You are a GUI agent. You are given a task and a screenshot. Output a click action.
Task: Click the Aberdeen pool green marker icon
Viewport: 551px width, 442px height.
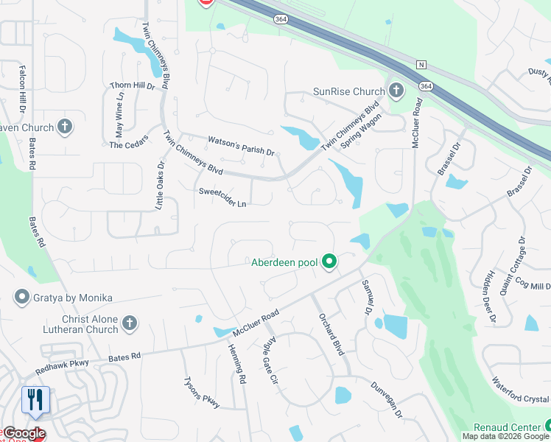click(331, 262)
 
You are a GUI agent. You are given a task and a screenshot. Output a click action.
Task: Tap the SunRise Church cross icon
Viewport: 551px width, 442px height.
click(396, 91)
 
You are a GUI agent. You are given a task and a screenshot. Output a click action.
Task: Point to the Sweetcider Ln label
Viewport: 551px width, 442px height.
click(222, 197)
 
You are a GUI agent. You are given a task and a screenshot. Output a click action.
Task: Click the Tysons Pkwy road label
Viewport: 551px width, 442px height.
click(201, 393)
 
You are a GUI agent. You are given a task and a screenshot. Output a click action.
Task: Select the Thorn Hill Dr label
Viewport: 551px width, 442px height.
click(133, 86)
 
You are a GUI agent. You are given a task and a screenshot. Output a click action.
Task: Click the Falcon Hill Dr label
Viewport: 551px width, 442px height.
click(22, 87)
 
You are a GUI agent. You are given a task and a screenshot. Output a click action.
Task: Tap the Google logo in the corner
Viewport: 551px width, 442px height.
click(24, 434)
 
